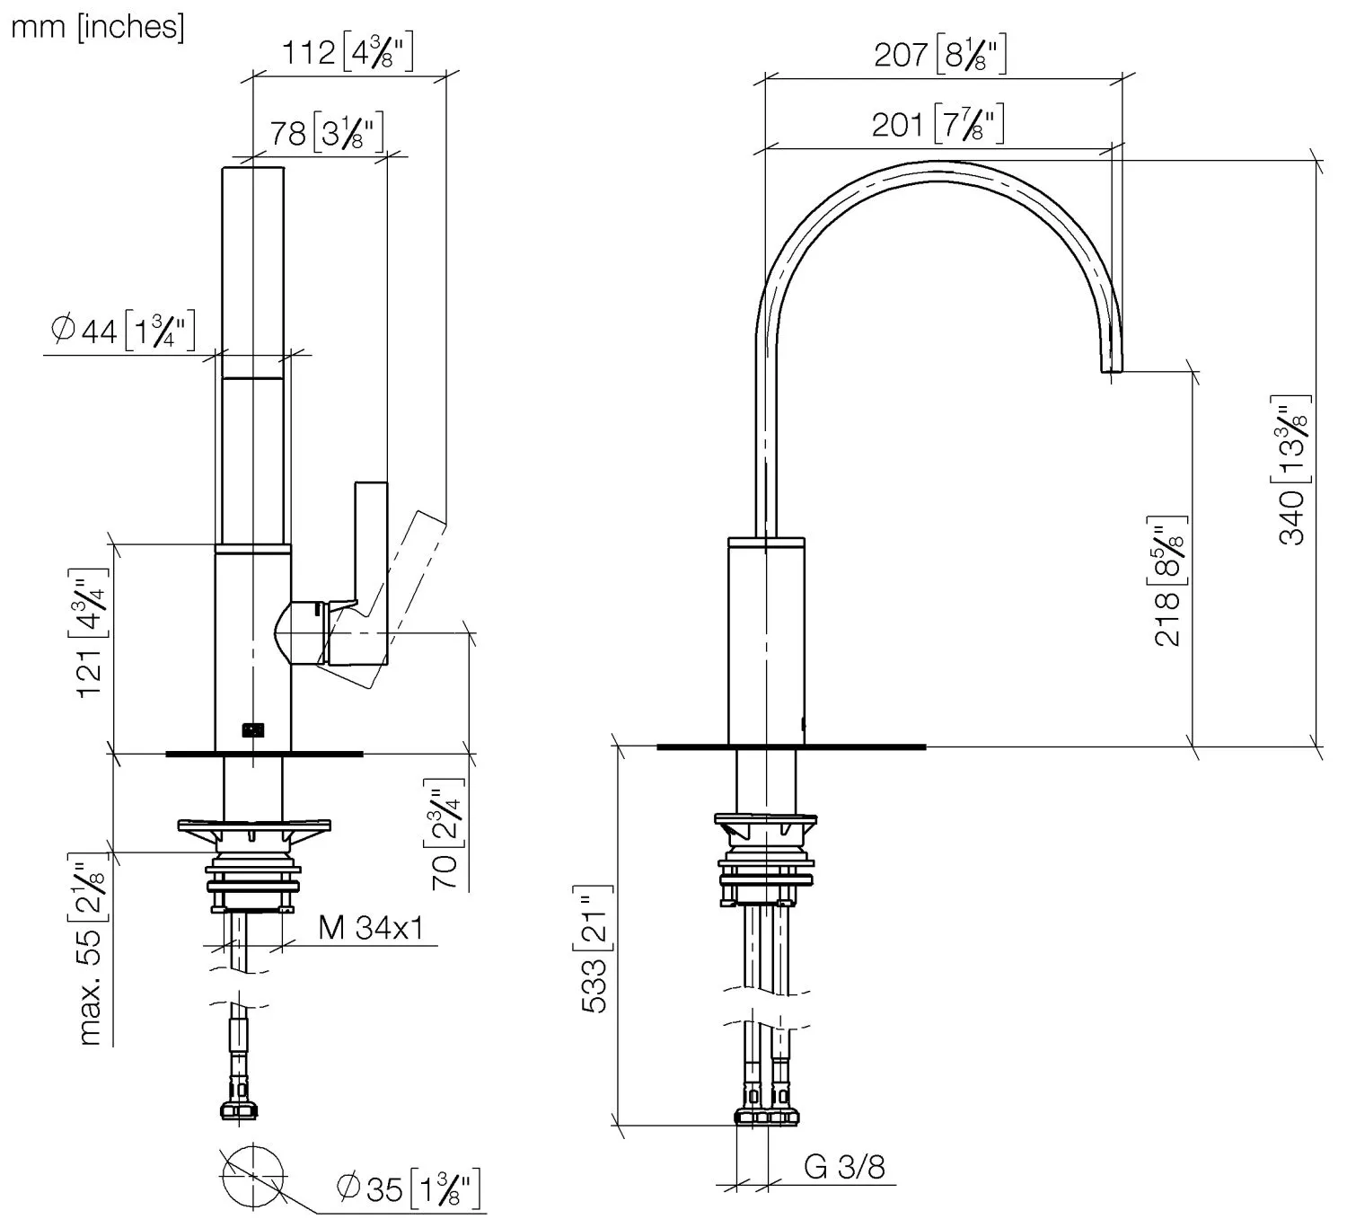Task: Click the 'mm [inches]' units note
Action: coord(98,28)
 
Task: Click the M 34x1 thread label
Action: coord(372,928)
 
